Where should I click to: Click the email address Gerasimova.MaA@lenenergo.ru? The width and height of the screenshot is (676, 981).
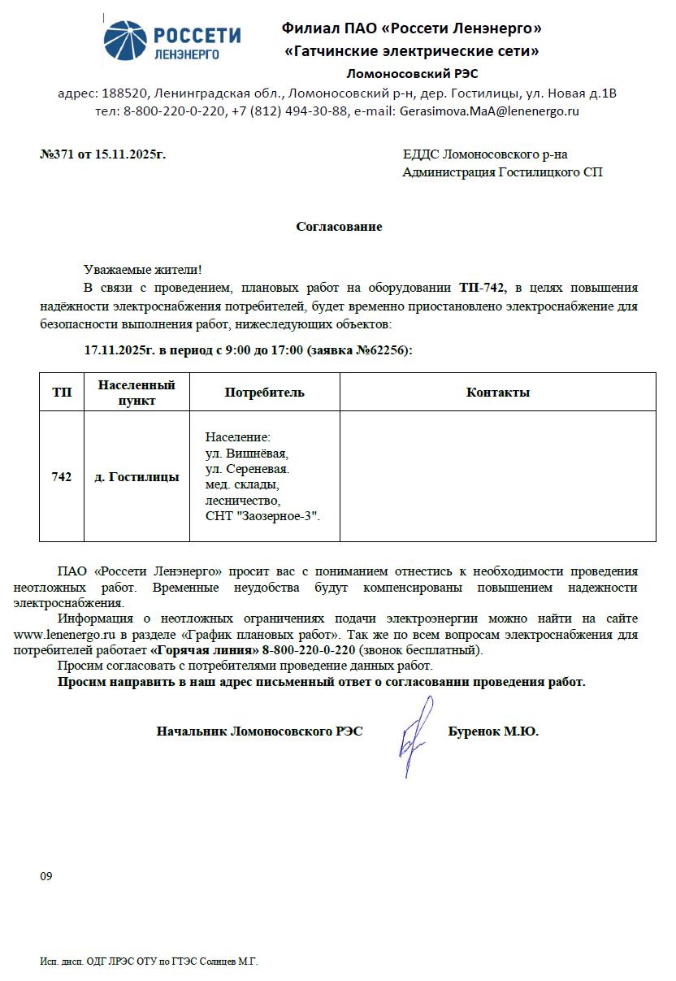coord(489,111)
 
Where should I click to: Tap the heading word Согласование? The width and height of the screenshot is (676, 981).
coord(339,227)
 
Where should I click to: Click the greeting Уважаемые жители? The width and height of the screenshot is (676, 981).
coord(142,269)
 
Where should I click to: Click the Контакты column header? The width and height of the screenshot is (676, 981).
coord(497,392)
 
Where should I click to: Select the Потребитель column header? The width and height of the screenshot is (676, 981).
coord(264,392)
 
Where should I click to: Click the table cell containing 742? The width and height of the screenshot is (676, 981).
coord(62,477)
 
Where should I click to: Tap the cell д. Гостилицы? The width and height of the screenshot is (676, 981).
coord(136,477)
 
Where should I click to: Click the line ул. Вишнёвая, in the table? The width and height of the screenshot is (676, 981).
coord(246,454)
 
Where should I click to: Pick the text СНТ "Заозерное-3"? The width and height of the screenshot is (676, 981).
coord(262,515)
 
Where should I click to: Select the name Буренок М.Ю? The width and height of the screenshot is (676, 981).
coord(493,731)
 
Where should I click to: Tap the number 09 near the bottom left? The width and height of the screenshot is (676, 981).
coord(45,876)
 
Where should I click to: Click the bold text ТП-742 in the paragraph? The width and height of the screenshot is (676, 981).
coord(482,288)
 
